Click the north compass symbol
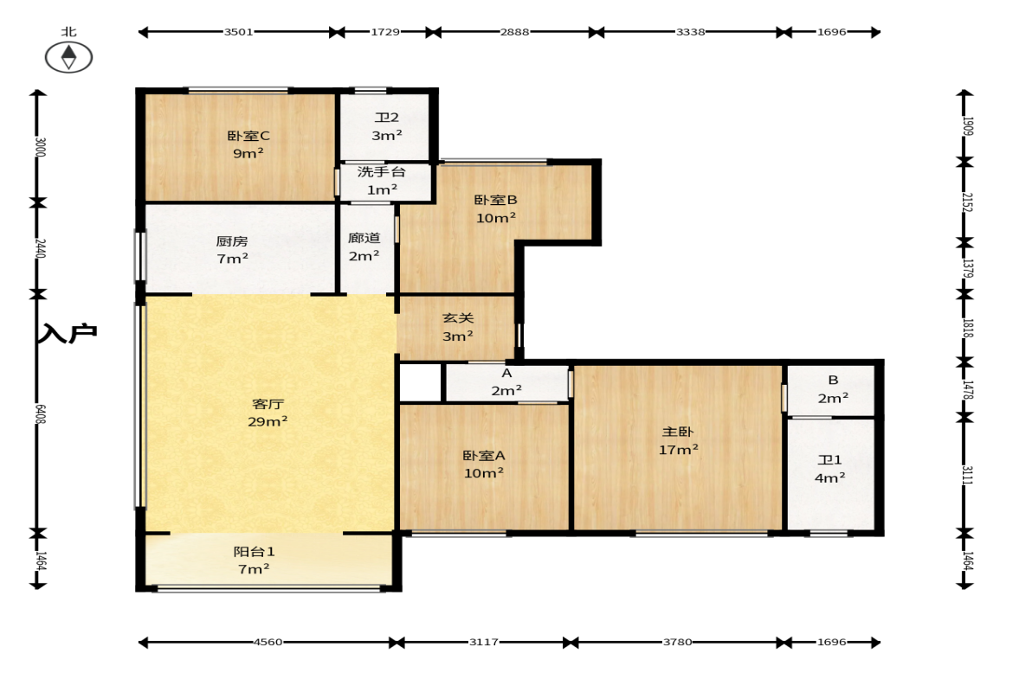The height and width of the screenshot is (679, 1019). (x=69, y=57)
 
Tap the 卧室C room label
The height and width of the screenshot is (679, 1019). (x=248, y=136)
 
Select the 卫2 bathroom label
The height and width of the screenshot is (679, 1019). (x=387, y=118)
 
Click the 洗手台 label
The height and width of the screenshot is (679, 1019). (x=382, y=172)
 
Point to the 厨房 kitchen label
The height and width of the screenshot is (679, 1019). (x=232, y=240)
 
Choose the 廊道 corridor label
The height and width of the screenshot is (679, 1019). (x=364, y=238)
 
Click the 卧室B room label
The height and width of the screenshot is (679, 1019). (x=495, y=200)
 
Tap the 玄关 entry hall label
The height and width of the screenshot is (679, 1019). (x=458, y=318)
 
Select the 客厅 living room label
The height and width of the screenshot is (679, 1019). (x=268, y=404)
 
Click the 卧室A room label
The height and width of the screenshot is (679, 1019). (x=483, y=456)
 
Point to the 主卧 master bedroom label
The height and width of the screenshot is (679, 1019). (x=678, y=432)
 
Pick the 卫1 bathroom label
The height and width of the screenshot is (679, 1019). (x=830, y=459)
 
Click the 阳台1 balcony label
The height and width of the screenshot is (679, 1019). (x=254, y=552)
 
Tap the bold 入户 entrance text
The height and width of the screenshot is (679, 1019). (x=68, y=333)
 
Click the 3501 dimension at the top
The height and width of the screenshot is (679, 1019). (x=238, y=32)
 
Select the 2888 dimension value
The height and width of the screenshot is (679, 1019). (x=514, y=32)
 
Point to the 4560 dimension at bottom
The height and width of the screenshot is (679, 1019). (x=268, y=642)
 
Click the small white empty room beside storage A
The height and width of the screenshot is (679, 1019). (x=420, y=383)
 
